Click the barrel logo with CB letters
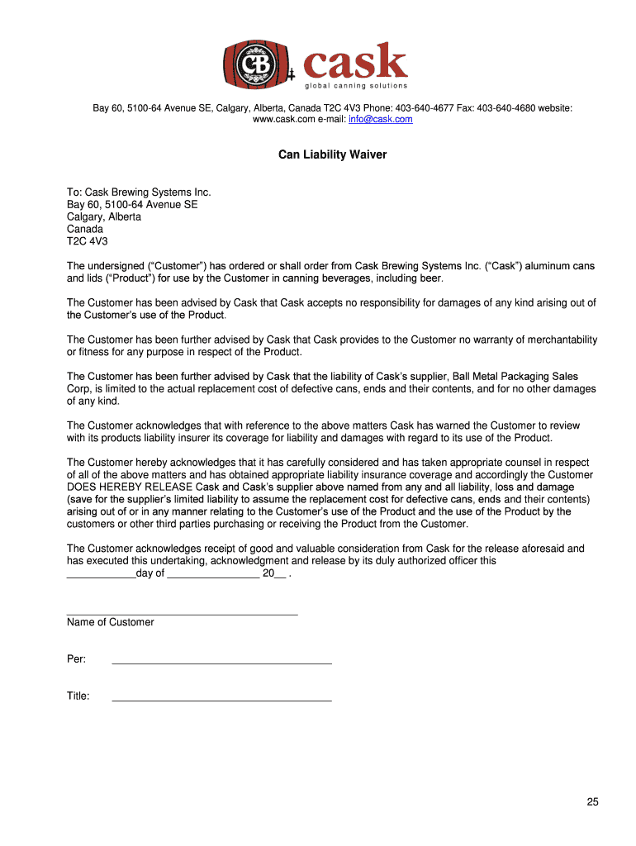point(251,64)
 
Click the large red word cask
point(356,62)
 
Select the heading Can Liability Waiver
point(332,154)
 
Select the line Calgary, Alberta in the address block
point(104,216)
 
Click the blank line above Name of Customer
point(182,614)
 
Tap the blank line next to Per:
point(221,663)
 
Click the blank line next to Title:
point(221,700)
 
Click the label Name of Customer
point(111,622)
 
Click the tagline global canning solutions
point(356,86)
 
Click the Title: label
point(78,696)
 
